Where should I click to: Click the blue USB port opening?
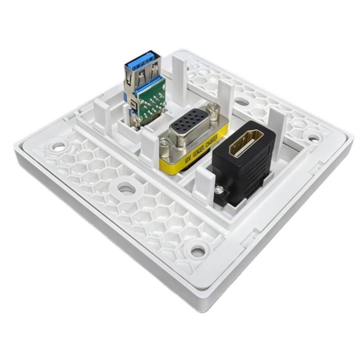tap(143, 63)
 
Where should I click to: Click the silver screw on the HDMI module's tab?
tap(220, 190)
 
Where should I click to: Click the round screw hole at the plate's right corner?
tap(312, 135)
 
